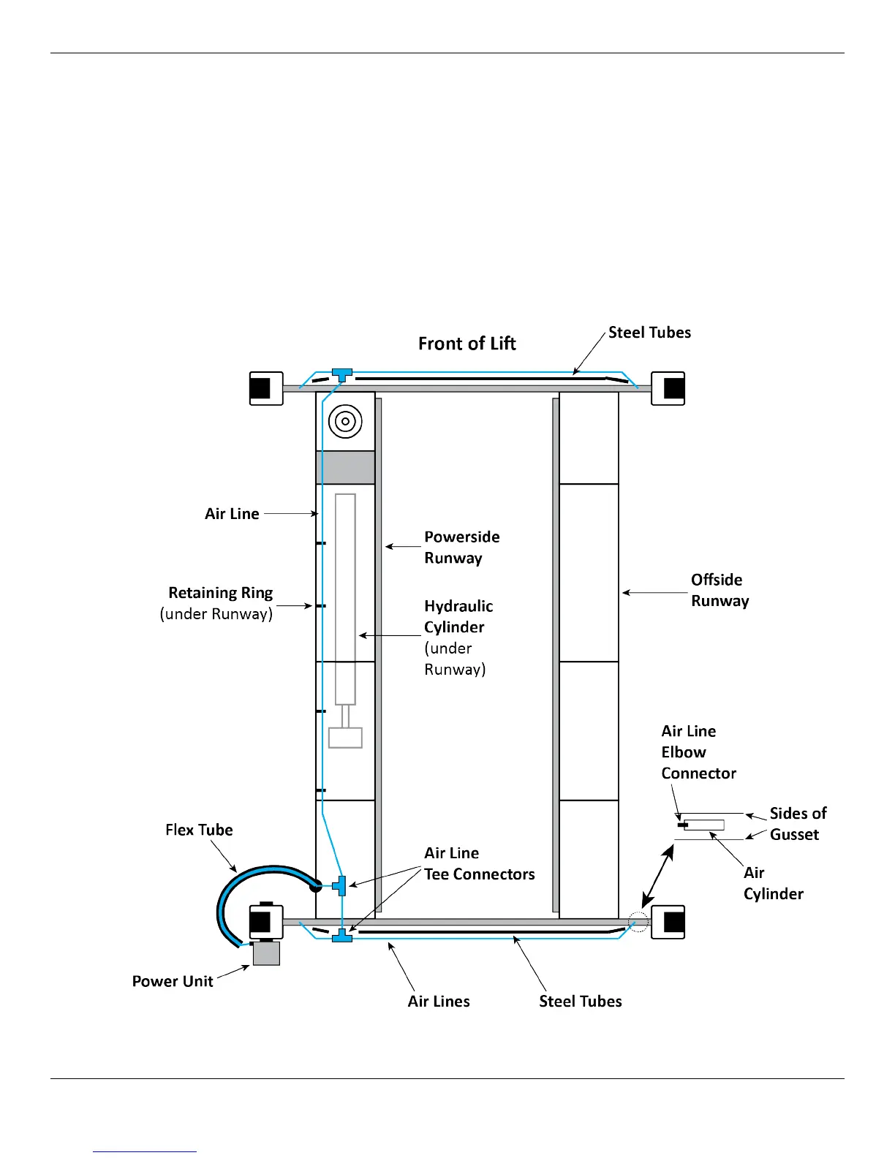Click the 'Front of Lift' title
point(467,344)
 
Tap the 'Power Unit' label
point(173,981)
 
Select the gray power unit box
point(266,953)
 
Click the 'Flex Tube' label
point(199,830)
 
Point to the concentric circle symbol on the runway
point(345,421)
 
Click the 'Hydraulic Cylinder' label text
point(458,616)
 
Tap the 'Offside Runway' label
point(720,590)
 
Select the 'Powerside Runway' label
point(461,547)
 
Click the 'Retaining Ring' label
point(220,593)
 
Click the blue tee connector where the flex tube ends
point(340,885)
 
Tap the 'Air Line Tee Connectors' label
point(479,863)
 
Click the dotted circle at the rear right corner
point(638,922)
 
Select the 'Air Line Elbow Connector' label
point(698,752)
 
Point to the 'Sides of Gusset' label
point(798,824)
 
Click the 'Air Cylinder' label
point(773,883)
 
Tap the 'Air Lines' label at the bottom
point(439,1002)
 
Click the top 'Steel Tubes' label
point(649,333)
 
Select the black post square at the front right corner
point(673,388)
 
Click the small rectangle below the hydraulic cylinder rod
point(345,738)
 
